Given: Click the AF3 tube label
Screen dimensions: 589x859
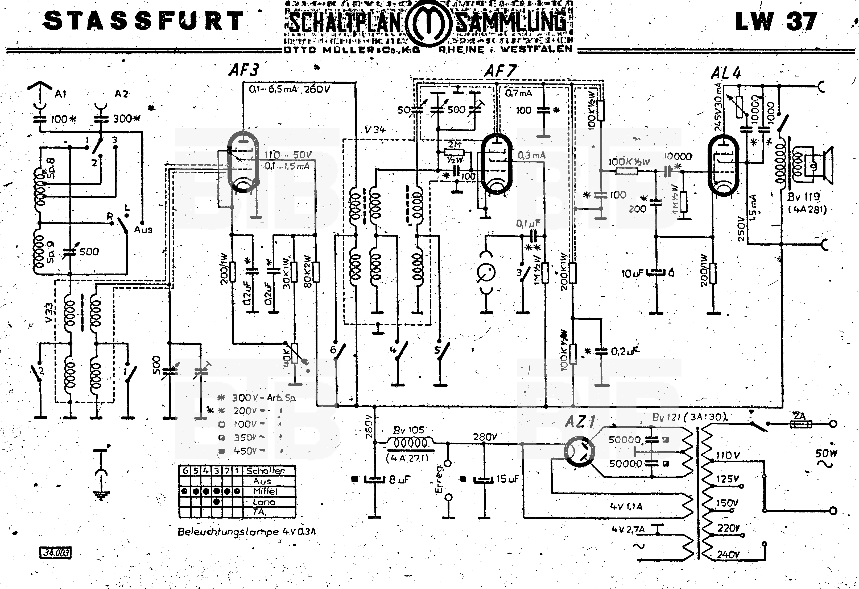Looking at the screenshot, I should (x=243, y=70).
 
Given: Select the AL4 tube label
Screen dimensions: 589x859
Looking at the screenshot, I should (x=726, y=73).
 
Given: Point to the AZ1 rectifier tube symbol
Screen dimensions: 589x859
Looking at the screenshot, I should (x=580, y=451).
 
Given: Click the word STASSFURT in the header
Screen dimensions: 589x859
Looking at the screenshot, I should (x=143, y=21).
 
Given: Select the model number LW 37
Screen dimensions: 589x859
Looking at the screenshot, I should (x=775, y=22).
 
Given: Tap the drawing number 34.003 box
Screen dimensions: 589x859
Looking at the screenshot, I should (x=55, y=553).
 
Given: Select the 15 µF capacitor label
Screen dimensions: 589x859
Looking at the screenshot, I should (x=507, y=479).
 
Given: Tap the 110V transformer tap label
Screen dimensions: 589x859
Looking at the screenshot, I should (x=728, y=456).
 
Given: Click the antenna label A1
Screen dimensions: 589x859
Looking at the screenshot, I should (x=60, y=94).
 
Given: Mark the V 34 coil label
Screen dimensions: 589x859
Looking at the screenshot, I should (x=374, y=130).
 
